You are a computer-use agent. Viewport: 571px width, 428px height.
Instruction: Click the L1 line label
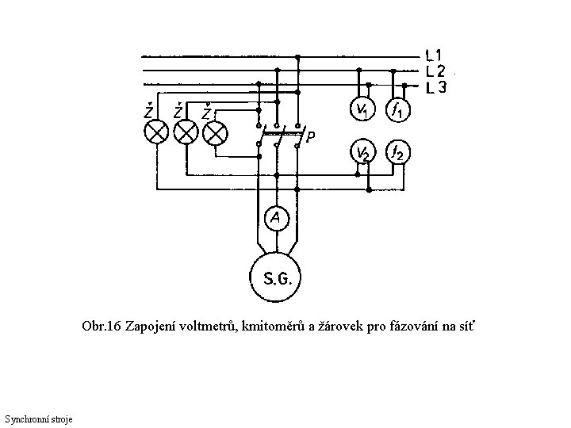[x=434, y=56]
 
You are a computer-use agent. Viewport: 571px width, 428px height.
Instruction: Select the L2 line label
[x=434, y=71]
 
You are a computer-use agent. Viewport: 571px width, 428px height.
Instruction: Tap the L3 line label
[x=435, y=86]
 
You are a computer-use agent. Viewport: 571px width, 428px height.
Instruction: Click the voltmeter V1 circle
[x=363, y=109]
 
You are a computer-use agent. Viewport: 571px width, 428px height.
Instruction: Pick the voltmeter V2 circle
[x=363, y=152]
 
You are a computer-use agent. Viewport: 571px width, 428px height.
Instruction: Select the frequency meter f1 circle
[x=398, y=109]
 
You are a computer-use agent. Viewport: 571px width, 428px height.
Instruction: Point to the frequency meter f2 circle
[x=398, y=152]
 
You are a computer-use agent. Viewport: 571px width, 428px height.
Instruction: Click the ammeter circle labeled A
[x=276, y=217]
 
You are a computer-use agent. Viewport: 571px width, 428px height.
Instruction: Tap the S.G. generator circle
[x=276, y=277]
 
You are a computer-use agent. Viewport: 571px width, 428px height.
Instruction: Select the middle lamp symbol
[x=186, y=132]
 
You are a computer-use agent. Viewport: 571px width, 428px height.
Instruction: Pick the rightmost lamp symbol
[x=214, y=132]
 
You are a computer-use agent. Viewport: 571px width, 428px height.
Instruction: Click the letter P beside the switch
[x=311, y=136]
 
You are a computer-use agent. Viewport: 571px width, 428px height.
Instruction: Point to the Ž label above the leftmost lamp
[x=149, y=110]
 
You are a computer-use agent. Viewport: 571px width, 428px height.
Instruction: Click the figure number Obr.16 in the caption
[x=101, y=327]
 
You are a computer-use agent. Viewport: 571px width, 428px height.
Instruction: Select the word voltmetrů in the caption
[x=213, y=327]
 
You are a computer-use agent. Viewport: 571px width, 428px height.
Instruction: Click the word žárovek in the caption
[x=342, y=327]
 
